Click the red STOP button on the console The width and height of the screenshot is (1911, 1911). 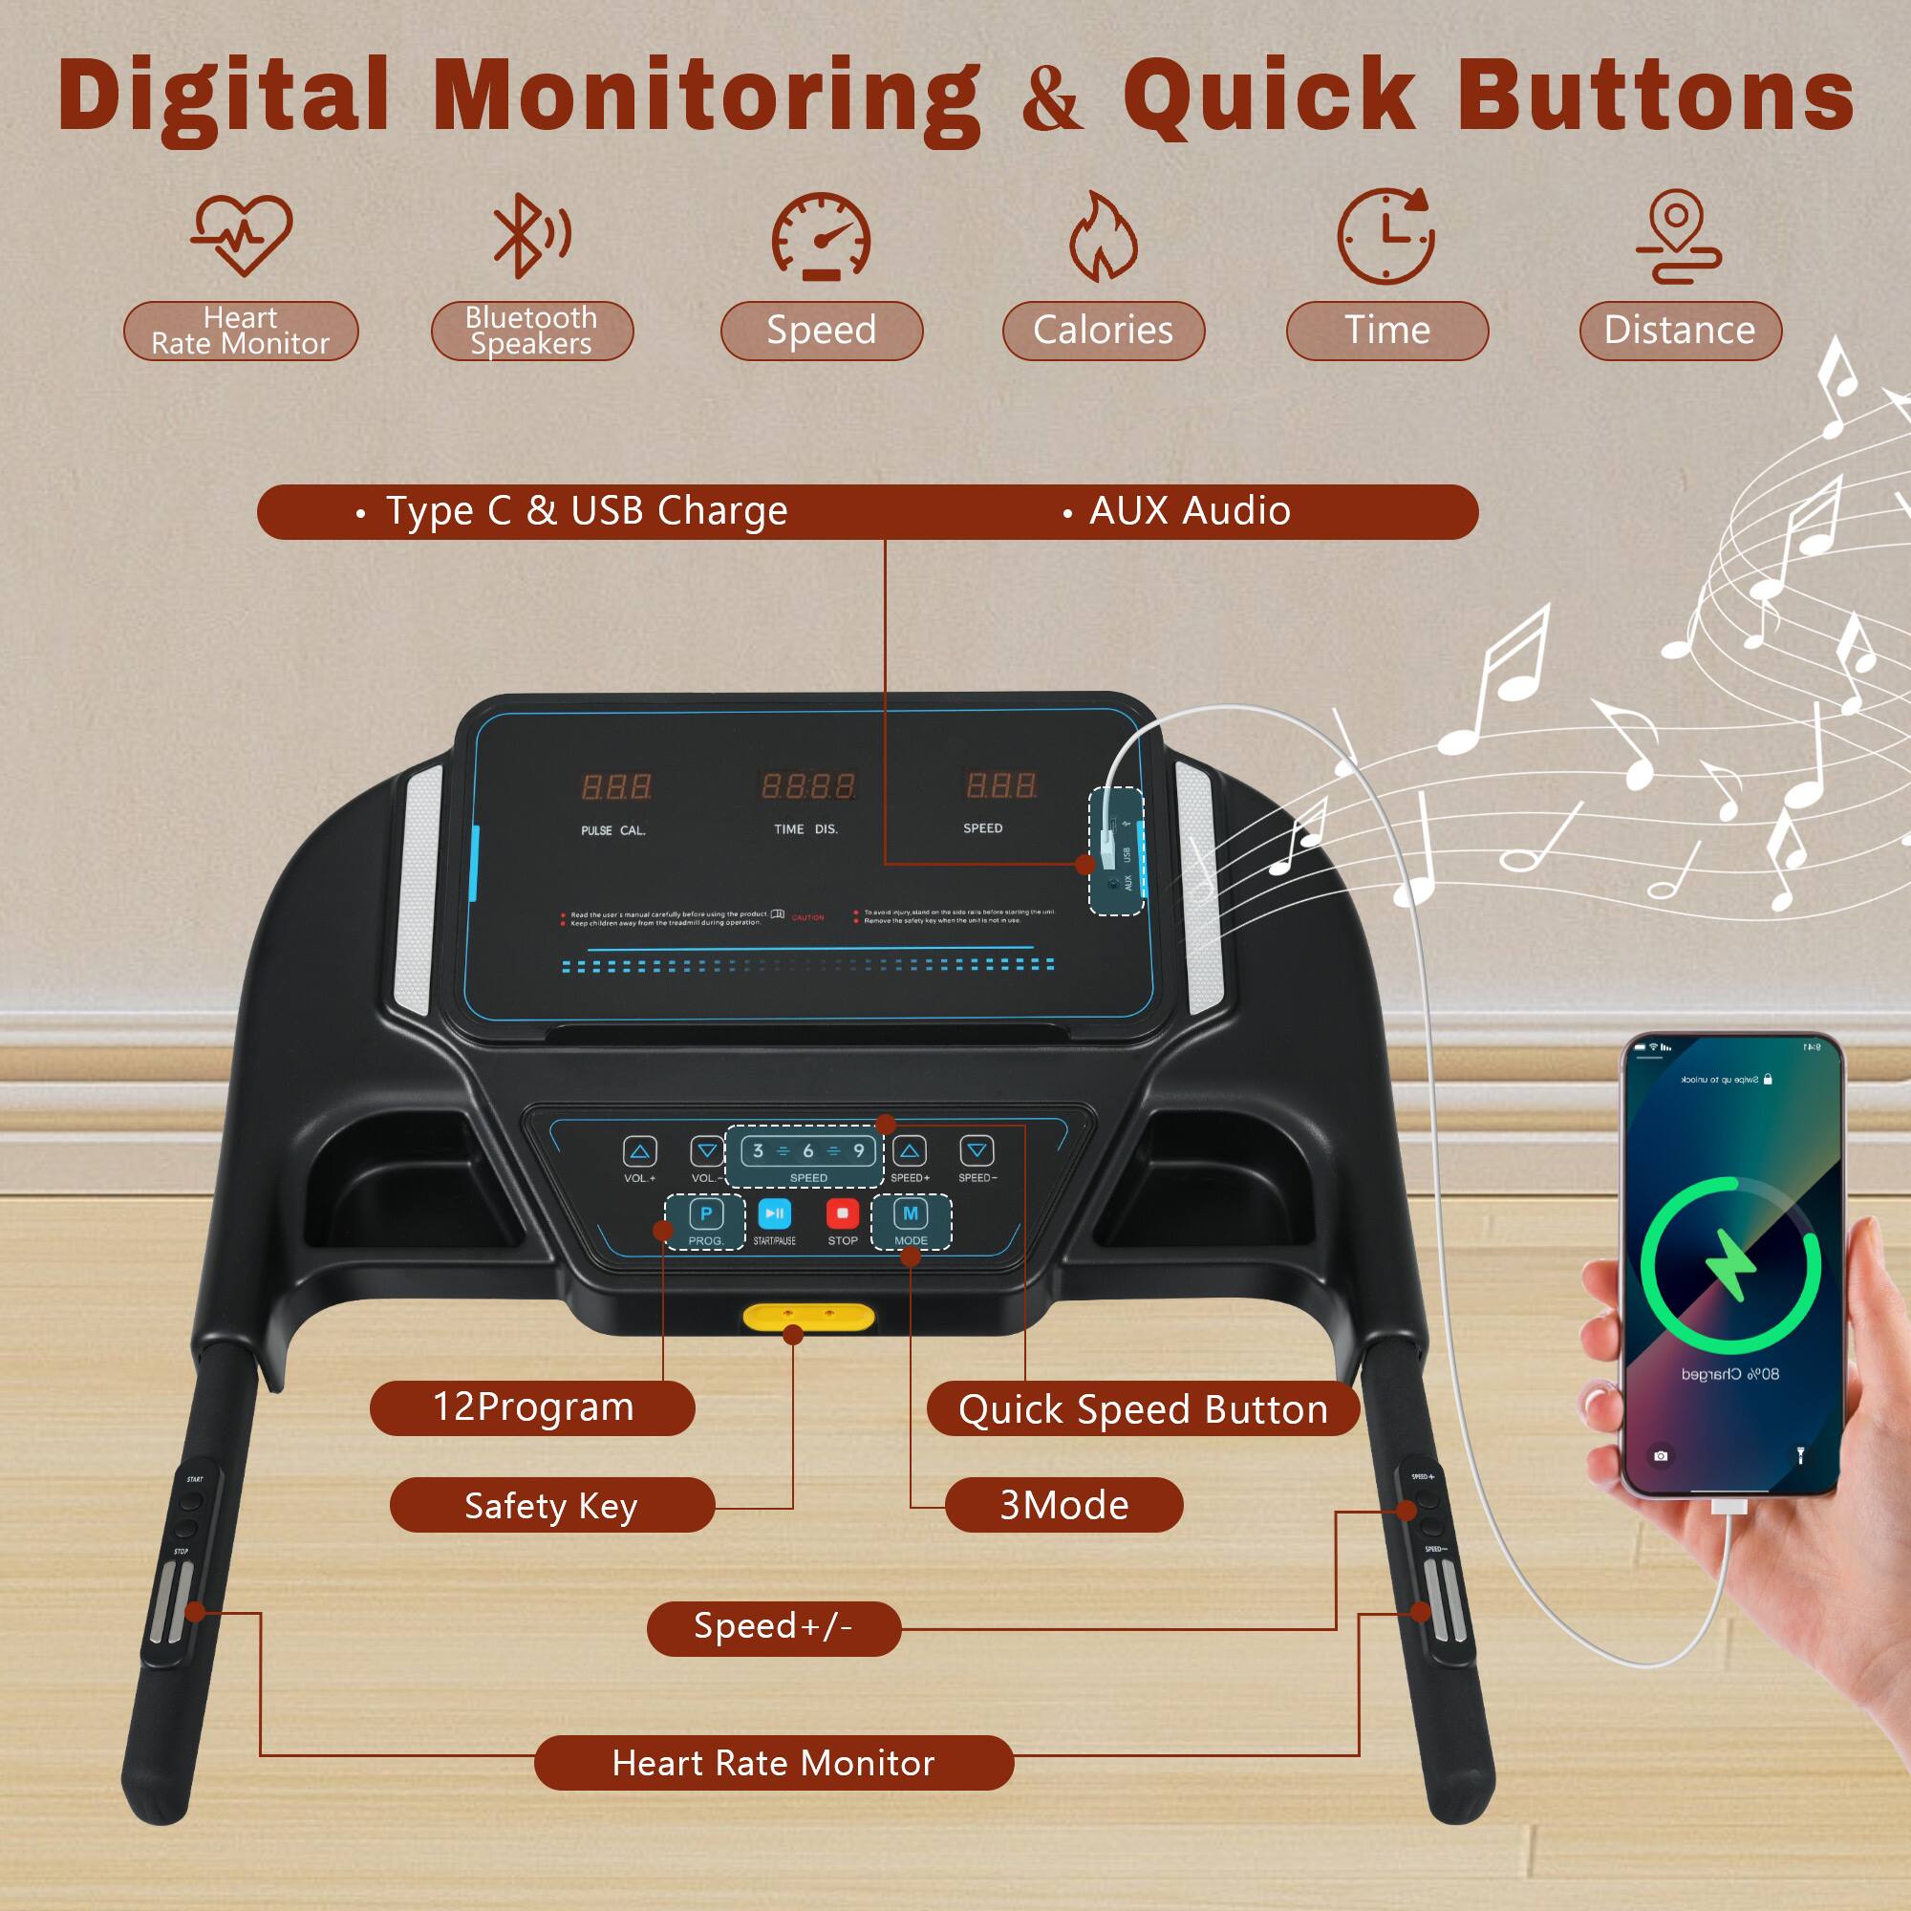coord(842,1213)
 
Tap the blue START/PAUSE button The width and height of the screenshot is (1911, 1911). coord(775,1213)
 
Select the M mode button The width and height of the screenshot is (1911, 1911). coord(910,1213)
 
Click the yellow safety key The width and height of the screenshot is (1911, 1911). coord(808,1318)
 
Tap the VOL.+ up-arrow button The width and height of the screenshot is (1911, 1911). coord(640,1151)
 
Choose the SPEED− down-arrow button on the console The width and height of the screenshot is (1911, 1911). coord(977,1150)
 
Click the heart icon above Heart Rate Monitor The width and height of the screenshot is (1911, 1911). coord(242,234)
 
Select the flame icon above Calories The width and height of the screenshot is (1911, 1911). coord(1103,237)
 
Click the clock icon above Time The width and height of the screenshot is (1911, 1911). coord(1385,236)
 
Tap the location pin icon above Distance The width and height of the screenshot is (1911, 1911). coord(1678,236)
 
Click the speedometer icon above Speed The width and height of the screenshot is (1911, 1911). coord(821,236)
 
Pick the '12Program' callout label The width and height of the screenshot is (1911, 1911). coord(532,1407)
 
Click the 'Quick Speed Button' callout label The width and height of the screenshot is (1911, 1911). coord(1143,1409)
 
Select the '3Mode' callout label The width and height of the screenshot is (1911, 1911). coord(1063,1506)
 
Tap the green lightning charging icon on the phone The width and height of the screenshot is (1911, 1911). coord(1730,1264)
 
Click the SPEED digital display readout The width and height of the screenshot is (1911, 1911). coord(1001,786)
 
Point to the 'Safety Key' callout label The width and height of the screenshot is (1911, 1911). coord(551,1506)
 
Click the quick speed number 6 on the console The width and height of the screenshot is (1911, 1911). coord(808,1150)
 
